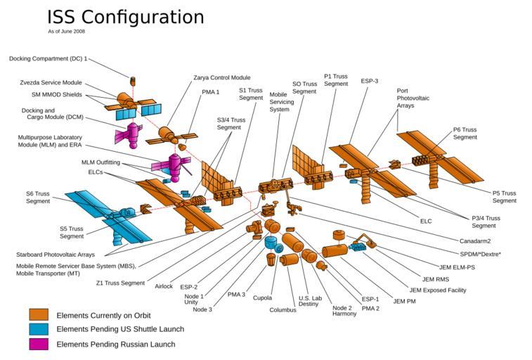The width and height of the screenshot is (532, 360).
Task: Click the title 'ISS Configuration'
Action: click(125, 17)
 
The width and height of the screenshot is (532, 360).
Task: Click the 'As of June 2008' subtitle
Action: click(67, 32)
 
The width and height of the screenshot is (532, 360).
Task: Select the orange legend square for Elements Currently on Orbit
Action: click(39, 315)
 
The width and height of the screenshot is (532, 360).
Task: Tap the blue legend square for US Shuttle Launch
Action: click(39, 329)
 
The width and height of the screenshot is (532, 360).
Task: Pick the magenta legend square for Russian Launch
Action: click(39, 344)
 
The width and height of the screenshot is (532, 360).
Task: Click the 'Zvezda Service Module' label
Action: click(51, 83)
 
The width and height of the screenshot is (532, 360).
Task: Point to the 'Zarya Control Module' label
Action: click(221, 78)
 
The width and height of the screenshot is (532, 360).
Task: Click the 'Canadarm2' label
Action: click(475, 241)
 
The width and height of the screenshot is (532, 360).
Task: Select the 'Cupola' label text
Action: click(262, 298)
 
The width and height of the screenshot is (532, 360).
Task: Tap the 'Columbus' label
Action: click(283, 310)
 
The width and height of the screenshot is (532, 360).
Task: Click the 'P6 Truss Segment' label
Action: click(465, 134)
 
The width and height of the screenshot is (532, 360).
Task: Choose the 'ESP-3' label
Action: click(370, 81)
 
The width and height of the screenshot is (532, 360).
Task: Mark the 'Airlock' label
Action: click(163, 285)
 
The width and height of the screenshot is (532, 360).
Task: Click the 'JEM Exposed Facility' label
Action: click(437, 290)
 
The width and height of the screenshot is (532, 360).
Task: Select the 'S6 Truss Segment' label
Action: click(38, 198)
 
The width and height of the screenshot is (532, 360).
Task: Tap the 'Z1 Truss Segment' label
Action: click(120, 283)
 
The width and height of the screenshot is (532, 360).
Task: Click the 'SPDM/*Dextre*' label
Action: click(480, 254)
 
